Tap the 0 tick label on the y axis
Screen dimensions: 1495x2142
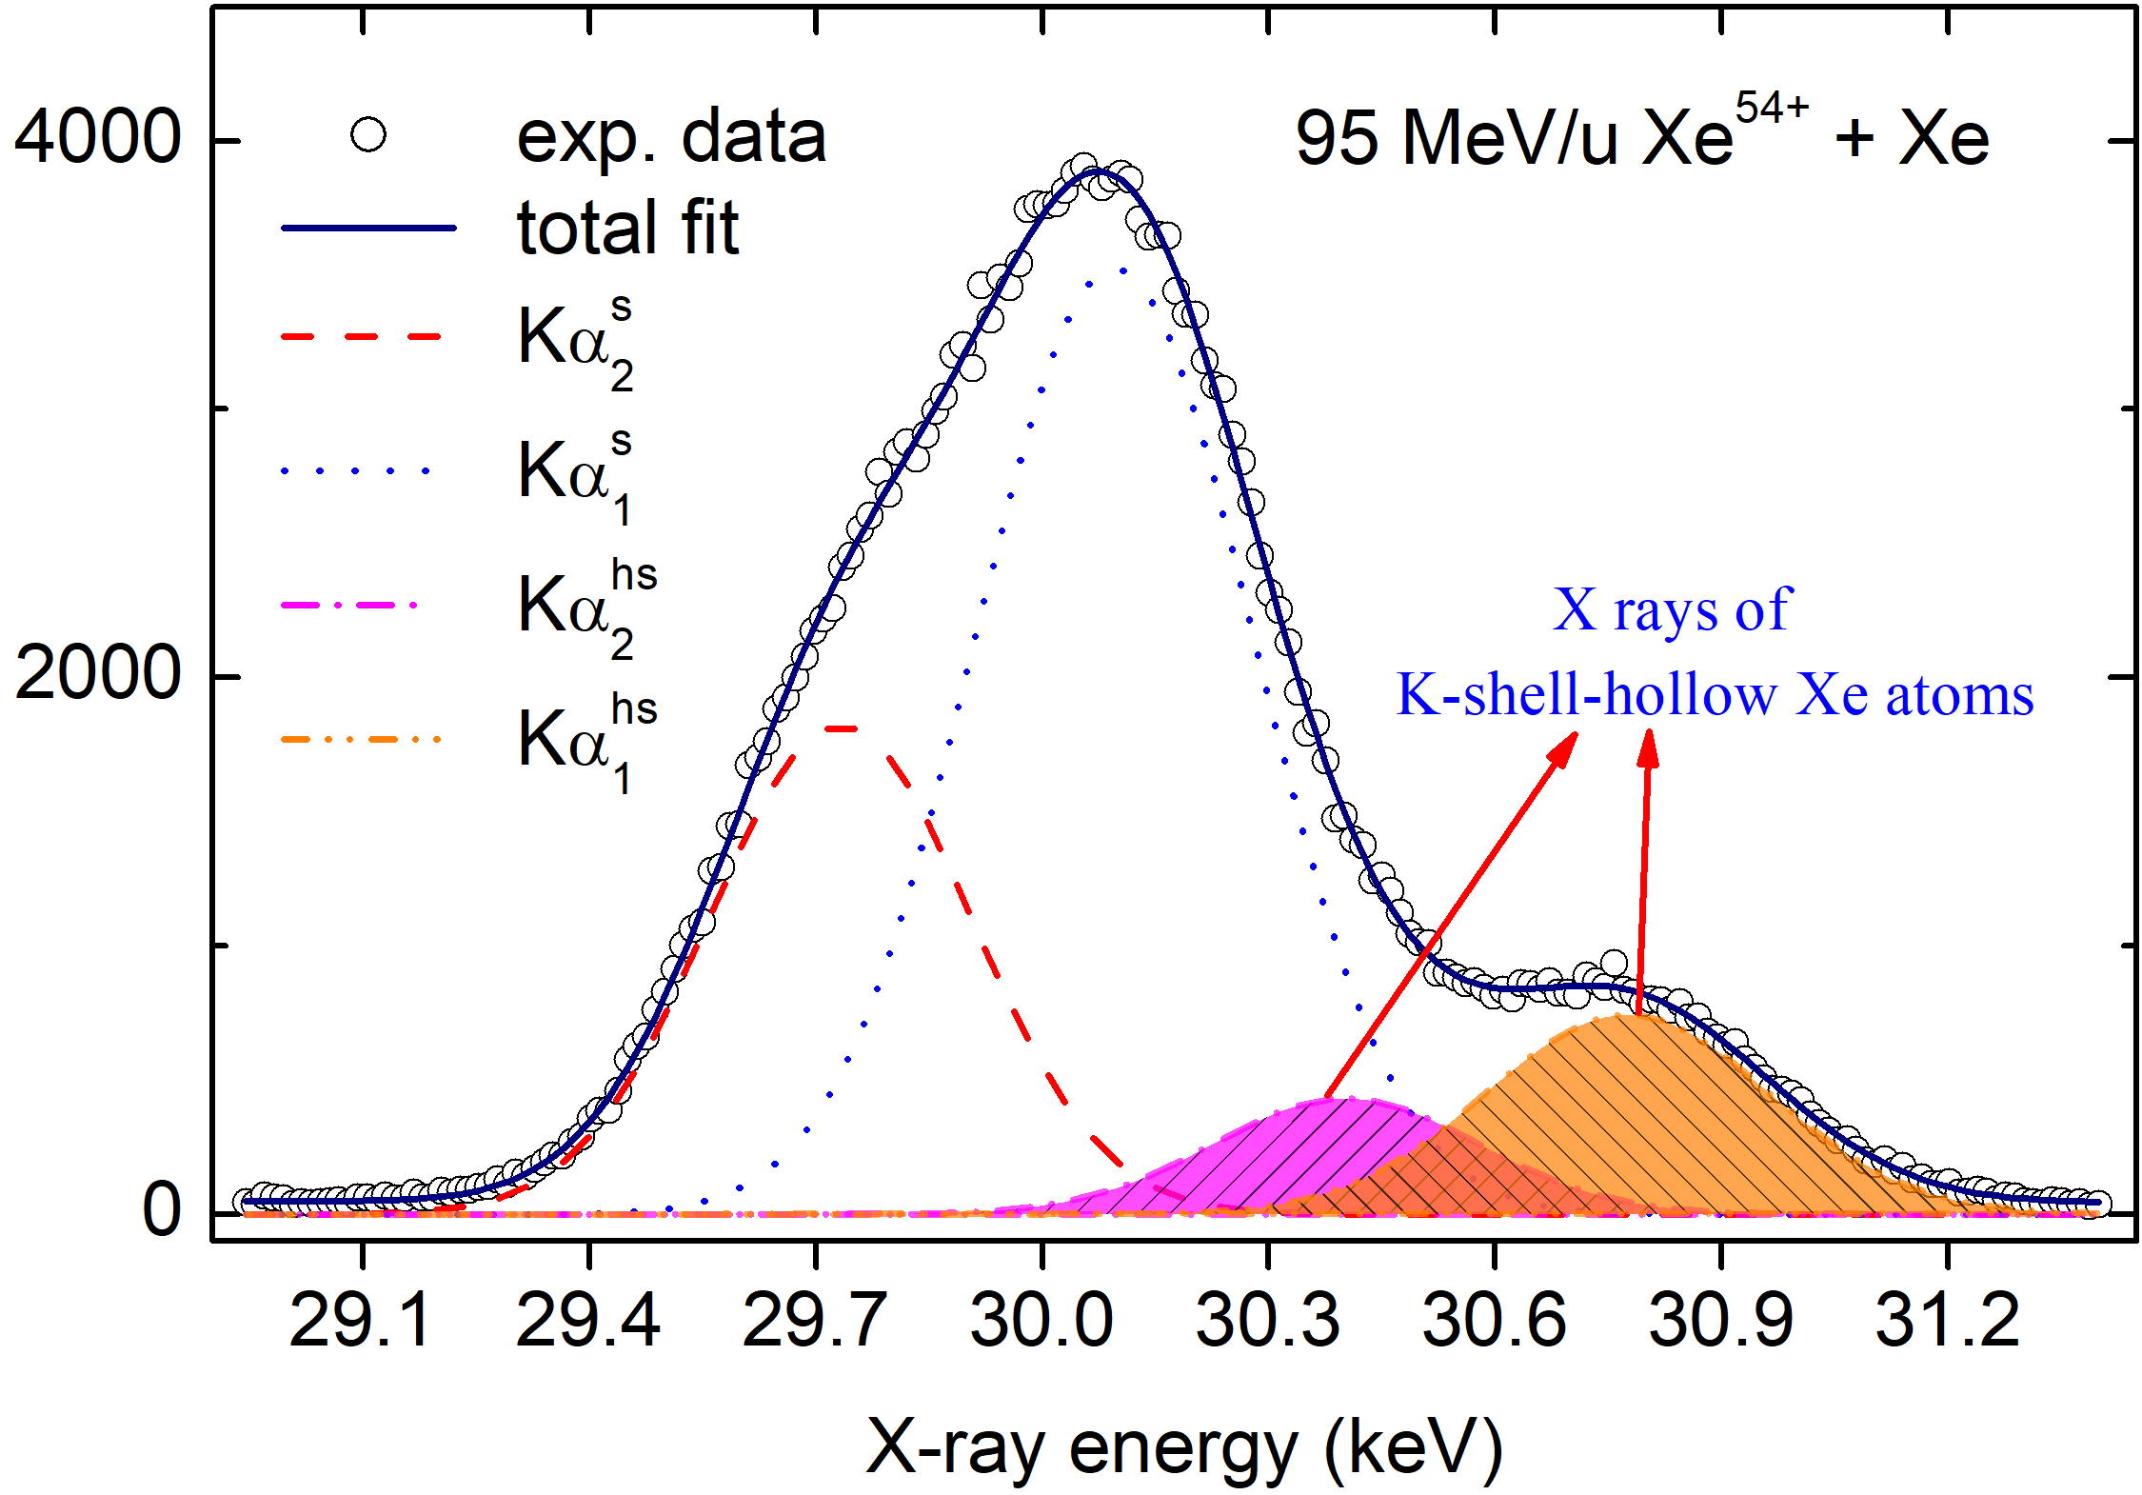[x=162, y=1210]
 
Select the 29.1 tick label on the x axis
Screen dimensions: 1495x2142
[x=361, y=1321]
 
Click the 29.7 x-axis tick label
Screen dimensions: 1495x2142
[x=814, y=1321]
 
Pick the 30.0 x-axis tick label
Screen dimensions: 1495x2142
[x=1041, y=1321]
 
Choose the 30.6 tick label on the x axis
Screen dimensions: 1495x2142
[x=1494, y=1321]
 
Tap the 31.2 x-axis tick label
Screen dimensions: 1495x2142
[x=1947, y=1321]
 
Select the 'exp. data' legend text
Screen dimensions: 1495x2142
[x=671, y=136]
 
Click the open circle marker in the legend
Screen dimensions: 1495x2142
[x=368, y=134]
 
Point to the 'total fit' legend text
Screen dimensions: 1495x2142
[x=627, y=228]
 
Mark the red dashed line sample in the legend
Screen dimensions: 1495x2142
[x=362, y=337]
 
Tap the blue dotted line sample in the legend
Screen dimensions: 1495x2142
[x=358, y=471]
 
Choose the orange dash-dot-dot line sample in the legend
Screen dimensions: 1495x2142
[x=362, y=740]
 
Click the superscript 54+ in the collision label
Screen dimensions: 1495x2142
[x=1771, y=108]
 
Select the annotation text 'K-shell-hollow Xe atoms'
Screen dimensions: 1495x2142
[x=1715, y=694]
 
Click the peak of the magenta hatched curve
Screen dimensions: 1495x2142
[x=1338, y=1101]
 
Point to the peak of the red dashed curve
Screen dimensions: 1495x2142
[x=843, y=728]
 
